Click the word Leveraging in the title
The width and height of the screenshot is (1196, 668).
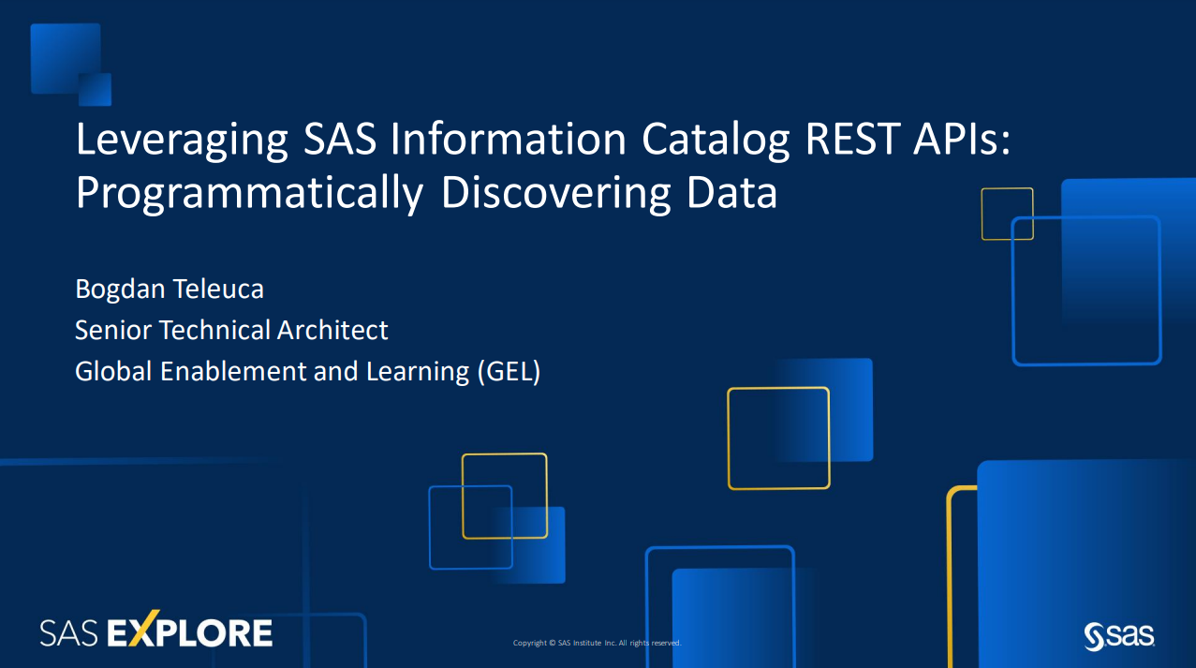coord(182,141)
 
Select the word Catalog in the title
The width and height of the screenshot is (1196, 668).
coord(716,141)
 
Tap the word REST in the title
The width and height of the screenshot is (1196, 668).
coord(852,139)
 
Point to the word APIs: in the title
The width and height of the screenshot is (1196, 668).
coord(962,139)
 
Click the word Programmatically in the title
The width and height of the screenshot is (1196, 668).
coord(249,194)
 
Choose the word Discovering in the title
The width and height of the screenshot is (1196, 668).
coord(555,194)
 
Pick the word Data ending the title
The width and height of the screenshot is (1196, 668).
coord(731,193)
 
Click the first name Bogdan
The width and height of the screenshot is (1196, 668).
coord(120,289)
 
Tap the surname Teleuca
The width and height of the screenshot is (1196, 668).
coord(218,289)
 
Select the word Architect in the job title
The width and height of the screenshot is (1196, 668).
coord(332,330)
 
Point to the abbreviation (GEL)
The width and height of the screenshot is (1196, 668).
coord(509,372)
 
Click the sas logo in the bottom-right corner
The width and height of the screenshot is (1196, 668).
coord(1119,636)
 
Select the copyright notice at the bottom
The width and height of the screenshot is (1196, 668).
coord(597,643)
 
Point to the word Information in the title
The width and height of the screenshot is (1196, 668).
coord(509,139)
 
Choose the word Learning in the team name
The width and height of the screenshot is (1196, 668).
coord(418,372)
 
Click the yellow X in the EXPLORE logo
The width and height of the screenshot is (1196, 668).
coord(143,628)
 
